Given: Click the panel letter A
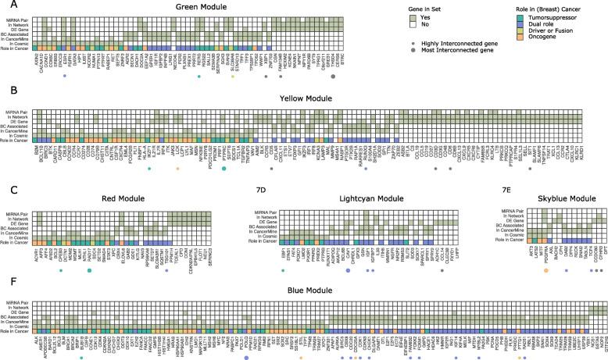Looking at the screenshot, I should point(5,6).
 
